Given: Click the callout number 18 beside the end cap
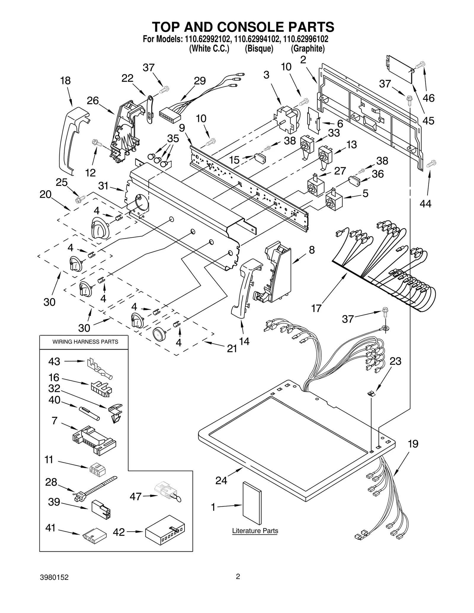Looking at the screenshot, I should [x=65, y=81].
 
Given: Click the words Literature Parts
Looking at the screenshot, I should [x=255, y=531].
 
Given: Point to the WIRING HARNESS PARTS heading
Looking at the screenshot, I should [x=85, y=342].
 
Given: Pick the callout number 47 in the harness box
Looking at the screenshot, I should [x=136, y=496].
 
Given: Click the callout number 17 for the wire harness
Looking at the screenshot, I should [x=316, y=308].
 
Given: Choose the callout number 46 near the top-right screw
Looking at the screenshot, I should [x=428, y=98].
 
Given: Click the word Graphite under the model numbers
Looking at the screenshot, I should [x=308, y=48].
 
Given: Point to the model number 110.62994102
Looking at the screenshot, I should [x=257, y=39].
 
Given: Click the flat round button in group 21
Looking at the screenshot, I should [x=160, y=334].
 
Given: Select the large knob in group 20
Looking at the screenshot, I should [x=100, y=227].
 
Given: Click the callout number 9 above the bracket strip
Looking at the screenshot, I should [x=182, y=128].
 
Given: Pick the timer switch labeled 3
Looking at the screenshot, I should [x=286, y=118].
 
